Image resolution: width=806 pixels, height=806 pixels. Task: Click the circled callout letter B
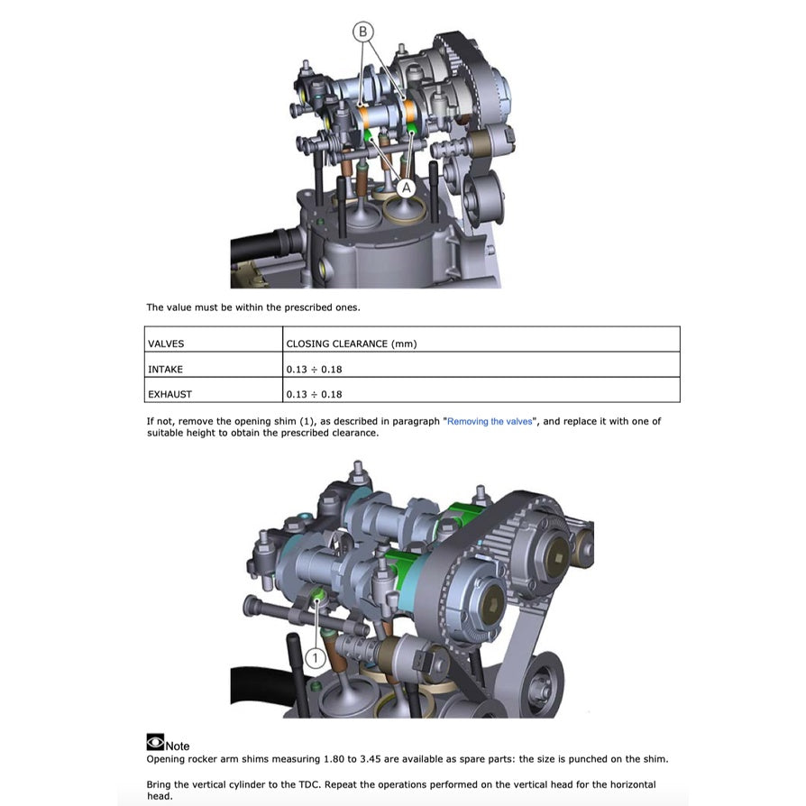click(363, 32)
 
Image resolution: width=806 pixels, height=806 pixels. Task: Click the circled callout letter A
click(406, 187)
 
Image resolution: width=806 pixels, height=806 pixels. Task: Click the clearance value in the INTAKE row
click(314, 369)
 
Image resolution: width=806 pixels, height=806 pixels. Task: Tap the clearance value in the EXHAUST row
click(314, 394)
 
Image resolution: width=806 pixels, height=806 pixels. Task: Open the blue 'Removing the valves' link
click(490, 422)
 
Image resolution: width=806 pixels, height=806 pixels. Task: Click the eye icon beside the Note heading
click(155, 743)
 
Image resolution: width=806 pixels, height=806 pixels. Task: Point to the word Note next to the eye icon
click(178, 746)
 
